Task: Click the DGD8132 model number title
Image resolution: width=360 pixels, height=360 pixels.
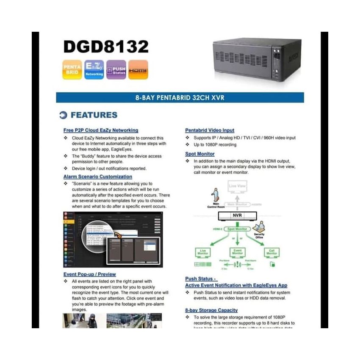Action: click(x=106, y=47)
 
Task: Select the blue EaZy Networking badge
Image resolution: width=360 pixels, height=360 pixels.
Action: click(x=94, y=70)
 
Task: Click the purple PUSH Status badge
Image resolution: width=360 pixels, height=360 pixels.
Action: click(x=116, y=70)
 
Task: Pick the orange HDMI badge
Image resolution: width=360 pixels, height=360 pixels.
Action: click(x=138, y=70)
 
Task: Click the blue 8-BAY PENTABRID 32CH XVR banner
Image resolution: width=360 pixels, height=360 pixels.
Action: click(x=180, y=98)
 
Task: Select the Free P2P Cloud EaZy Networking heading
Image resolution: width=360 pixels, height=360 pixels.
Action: click(x=101, y=130)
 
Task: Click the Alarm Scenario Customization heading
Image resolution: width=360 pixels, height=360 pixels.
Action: click(x=98, y=176)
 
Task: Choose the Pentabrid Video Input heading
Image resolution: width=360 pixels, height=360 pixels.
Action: click(x=210, y=130)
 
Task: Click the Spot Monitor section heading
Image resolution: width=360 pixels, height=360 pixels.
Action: click(x=200, y=154)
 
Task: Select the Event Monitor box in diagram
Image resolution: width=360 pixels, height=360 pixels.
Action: click(x=238, y=252)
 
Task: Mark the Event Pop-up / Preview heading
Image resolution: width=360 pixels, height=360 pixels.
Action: click(x=90, y=274)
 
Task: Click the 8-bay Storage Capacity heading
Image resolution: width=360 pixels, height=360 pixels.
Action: click(x=211, y=310)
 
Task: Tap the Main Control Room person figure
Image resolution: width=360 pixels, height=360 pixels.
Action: click(x=214, y=195)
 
